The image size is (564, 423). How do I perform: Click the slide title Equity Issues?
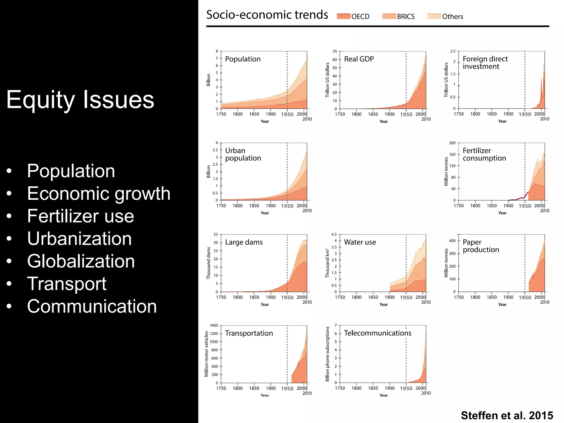(x=80, y=100)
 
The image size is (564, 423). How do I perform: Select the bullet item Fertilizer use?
(x=80, y=216)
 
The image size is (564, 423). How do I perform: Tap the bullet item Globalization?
(x=81, y=261)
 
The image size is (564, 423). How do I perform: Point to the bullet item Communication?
(x=92, y=306)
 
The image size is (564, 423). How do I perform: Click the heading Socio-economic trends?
(x=267, y=15)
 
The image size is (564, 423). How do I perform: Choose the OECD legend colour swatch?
(x=343, y=17)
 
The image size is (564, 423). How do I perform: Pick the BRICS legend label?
(x=406, y=17)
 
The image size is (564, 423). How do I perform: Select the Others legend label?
(x=452, y=17)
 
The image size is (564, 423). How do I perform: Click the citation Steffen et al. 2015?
(x=507, y=415)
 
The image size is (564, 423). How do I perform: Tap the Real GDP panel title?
(x=359, y=59)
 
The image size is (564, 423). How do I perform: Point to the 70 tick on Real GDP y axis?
(x=335, y=51)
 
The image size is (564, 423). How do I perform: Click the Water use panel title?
(x=360, y=242)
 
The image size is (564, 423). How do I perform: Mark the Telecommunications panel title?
(x=378, y=333)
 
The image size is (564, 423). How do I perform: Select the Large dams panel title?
(x=244, y=242)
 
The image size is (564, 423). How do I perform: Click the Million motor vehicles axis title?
(x=206, y=354)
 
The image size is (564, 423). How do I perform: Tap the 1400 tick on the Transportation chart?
(x=214, y=326)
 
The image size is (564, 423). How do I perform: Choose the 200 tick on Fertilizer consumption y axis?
(x=452, y=143)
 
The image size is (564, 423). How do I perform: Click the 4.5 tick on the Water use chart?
(x=334, y=235)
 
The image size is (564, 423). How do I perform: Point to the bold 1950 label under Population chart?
(x=287, y=115)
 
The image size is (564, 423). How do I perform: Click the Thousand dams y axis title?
(x=208, y=263)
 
